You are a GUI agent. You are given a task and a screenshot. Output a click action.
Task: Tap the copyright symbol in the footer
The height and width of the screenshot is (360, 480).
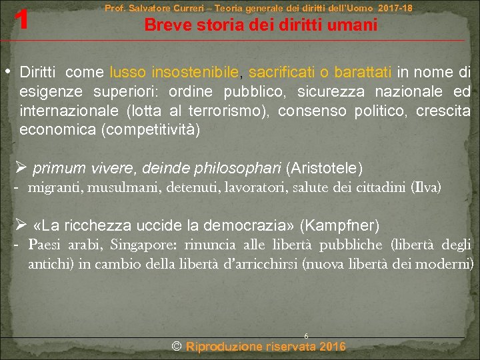point(177,347)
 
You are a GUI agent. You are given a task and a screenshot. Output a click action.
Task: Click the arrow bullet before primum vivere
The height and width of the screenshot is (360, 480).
point(22,167)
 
